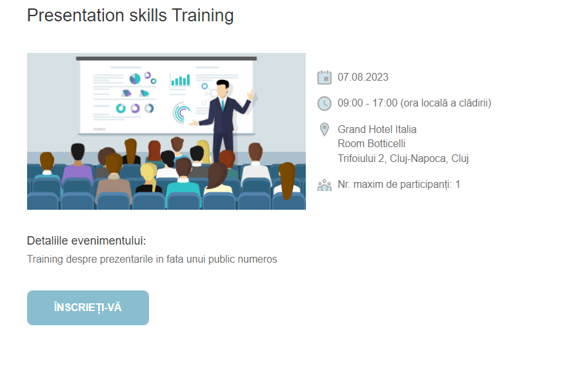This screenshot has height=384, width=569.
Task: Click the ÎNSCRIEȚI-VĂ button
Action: tap(88, 307)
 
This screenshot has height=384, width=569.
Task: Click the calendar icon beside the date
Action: tap(324, 77)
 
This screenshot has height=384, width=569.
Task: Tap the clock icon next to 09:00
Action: tap(324, 103)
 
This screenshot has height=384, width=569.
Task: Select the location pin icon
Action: tap(324, 130)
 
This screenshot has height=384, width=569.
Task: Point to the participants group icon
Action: tap(324, 185)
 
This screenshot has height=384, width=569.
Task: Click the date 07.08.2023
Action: tap(363, 77)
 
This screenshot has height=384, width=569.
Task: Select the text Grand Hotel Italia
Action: tap(377, 130)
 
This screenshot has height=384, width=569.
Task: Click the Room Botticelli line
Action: tap(372, 144)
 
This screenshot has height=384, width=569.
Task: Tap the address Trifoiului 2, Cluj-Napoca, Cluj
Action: tap(403, 159)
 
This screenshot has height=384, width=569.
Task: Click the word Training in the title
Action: tap(203, 15)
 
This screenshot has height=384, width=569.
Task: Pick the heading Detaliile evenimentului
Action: tap(86, 241)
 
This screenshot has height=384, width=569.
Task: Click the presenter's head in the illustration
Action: tap(222, 88)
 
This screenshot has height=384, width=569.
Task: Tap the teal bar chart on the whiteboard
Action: tap(181, 80)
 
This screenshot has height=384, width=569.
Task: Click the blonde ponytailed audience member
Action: tap(150, 177)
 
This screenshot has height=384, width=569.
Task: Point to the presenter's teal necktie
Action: tap(223, 104)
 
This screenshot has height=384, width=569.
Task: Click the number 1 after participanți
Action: tap(457, 185)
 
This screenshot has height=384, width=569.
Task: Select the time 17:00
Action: tap(384, 103)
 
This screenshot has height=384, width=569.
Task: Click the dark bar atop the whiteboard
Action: tap(166, 59)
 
